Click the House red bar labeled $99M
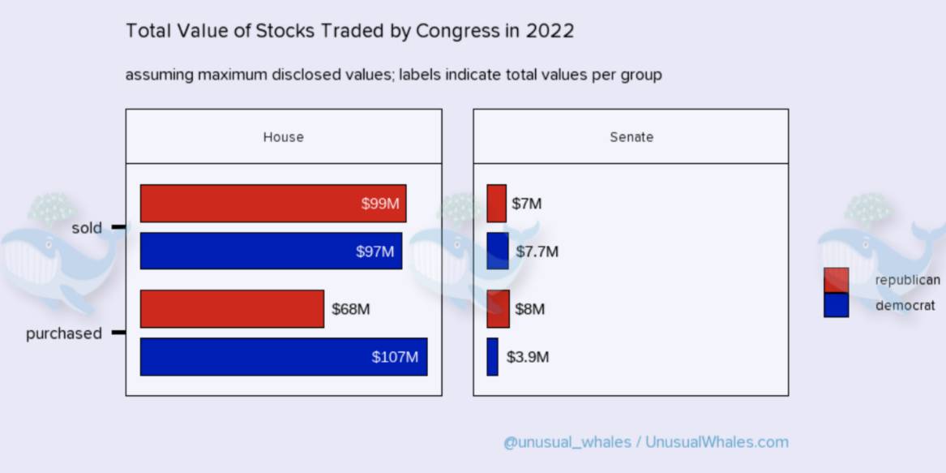[273, 204]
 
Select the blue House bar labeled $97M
[271, 251]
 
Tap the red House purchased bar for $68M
[232, 309]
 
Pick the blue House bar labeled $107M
[284, 357]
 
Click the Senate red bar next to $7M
[496, 204]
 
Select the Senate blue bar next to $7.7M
[498, 251]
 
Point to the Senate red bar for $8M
[498, 309]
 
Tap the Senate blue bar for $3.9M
[492, 357]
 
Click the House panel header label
[283, 137]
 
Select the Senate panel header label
[631, 137]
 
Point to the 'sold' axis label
[87, 228]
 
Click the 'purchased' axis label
[64, 333]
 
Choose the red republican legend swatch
[836, 280]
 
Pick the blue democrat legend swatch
[836, 305]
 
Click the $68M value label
[351, 309]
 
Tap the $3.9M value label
[528, 357]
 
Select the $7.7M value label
[537, 252]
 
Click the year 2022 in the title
[550, 32]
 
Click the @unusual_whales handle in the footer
[567, 442]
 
